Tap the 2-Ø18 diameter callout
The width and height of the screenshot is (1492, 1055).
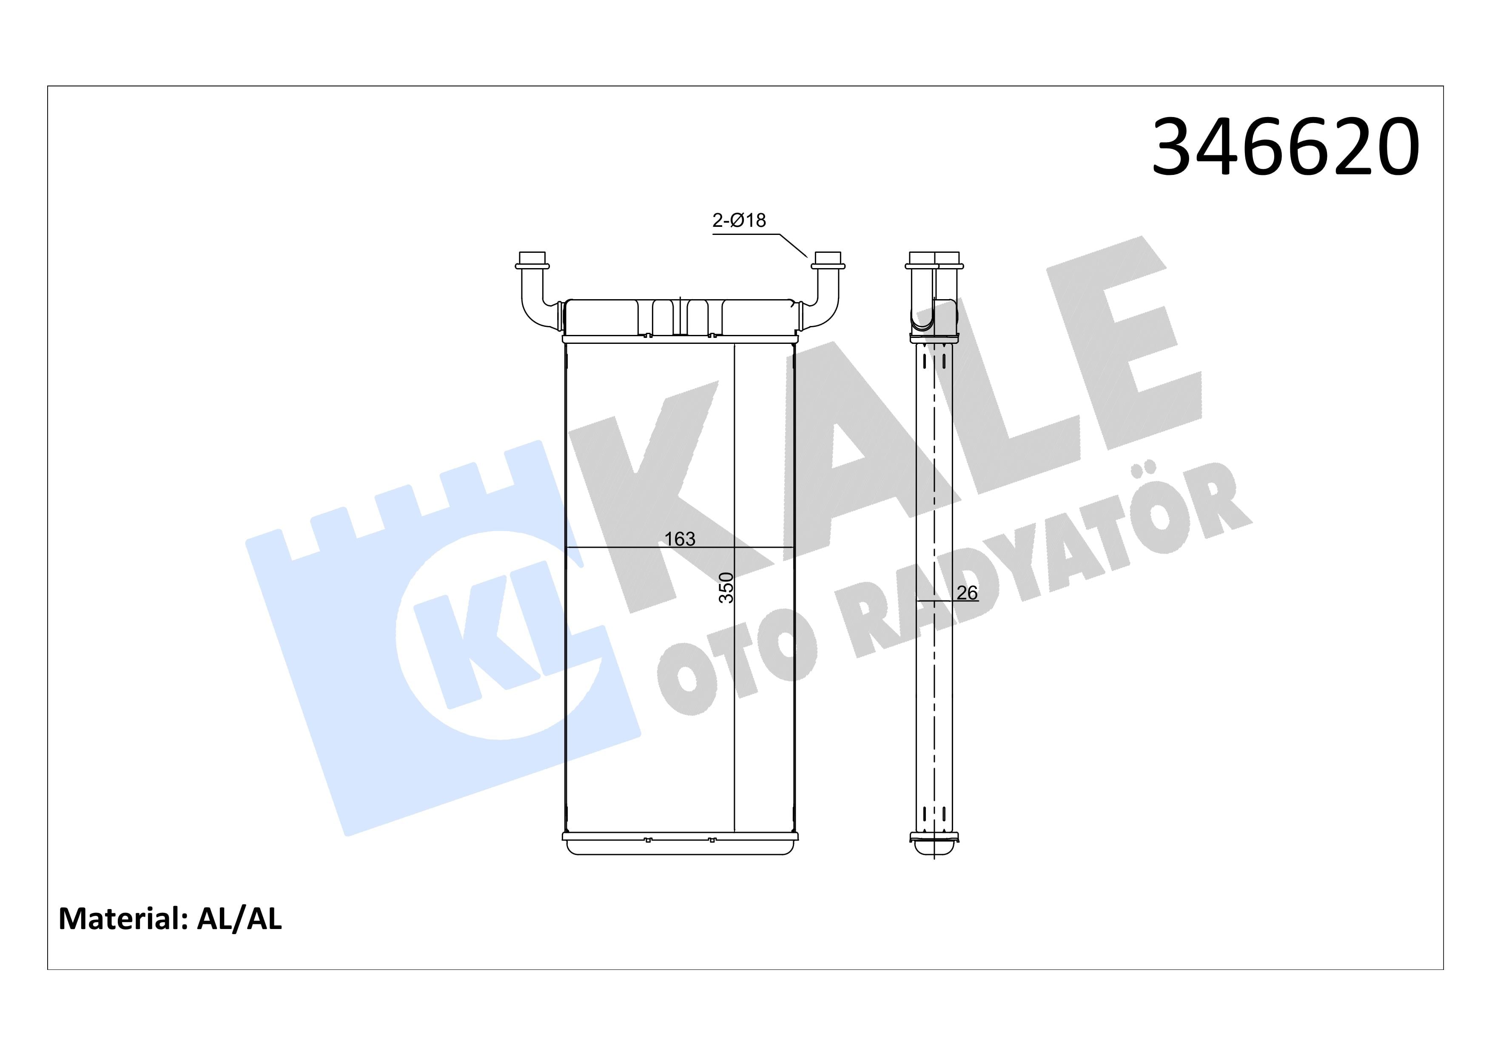tap(739, 220)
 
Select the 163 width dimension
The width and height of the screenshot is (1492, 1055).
tap(680, 539)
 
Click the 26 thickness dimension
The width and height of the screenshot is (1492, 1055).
tap(967, 593)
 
